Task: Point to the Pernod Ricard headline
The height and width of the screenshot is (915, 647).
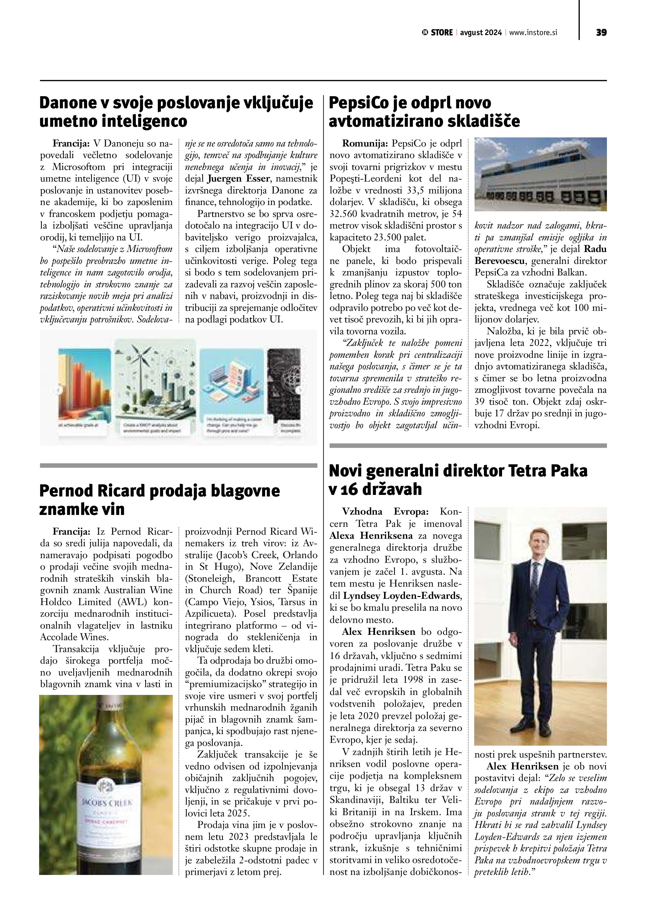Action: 159,499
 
